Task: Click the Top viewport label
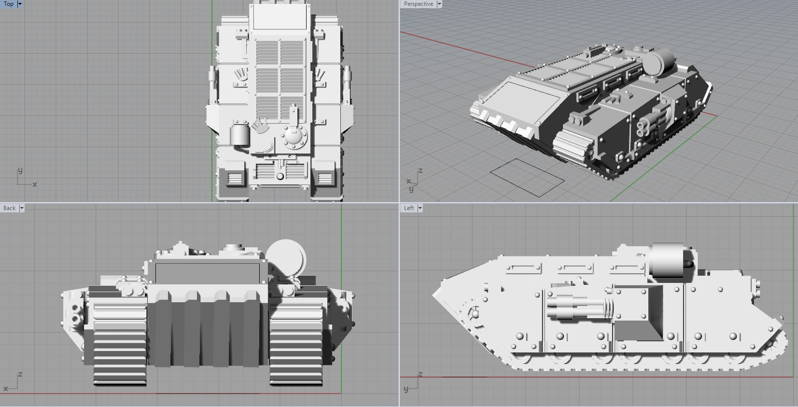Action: (x=9, y=4)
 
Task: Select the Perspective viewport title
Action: (x=418, y=4)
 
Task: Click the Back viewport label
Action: (x=9, y=208)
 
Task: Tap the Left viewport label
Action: (x=408, y=208)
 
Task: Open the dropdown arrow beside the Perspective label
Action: (x=439, y=4)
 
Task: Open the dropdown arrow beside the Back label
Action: (x=21, y=208)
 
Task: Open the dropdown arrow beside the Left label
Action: (x=420, y=208)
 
